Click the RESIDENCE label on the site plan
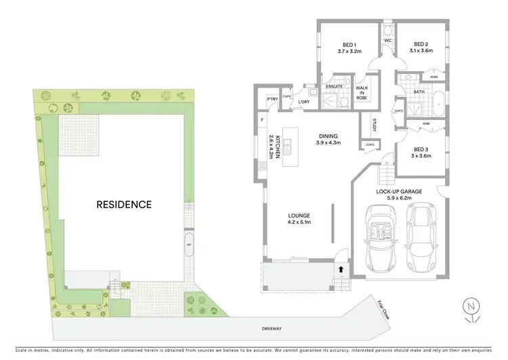(123, 203)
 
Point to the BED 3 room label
(421, 153)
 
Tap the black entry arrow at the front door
(340, 269)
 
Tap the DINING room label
(328, 139)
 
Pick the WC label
(388, 41)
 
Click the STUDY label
(373, 126)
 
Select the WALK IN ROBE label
(362, 92)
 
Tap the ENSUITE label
(334, 87)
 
